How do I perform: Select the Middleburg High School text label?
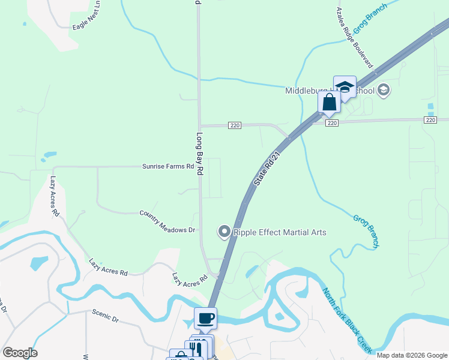pyautogui.click(x=329, y=91)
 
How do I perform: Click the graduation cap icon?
pyautogui.click(x=345, y=86)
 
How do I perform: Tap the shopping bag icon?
pyautogui.click(x=329, y=102)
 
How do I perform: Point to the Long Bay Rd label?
pyautogui.click(x=200, y=154)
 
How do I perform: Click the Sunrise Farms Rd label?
pyautogui.click(x=167, y=166)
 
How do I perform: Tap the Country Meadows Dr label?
pyautogui.click(x=167, y=221)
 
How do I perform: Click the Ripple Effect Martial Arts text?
pyautogui.click(x=280, y=232)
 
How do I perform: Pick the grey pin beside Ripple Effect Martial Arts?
pyautogui.click(x=224, y=231)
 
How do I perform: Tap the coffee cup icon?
pyautogui.click(x=205, y=318)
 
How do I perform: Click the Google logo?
pyautogui.click(x=20, y=353)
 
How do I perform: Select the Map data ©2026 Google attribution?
pyautogui.click(x=411, y=355)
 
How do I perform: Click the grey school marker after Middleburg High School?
pyautogui.click(x=384, y=91)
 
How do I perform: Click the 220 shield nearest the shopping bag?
pyautogui.click(x=333, y=122)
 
